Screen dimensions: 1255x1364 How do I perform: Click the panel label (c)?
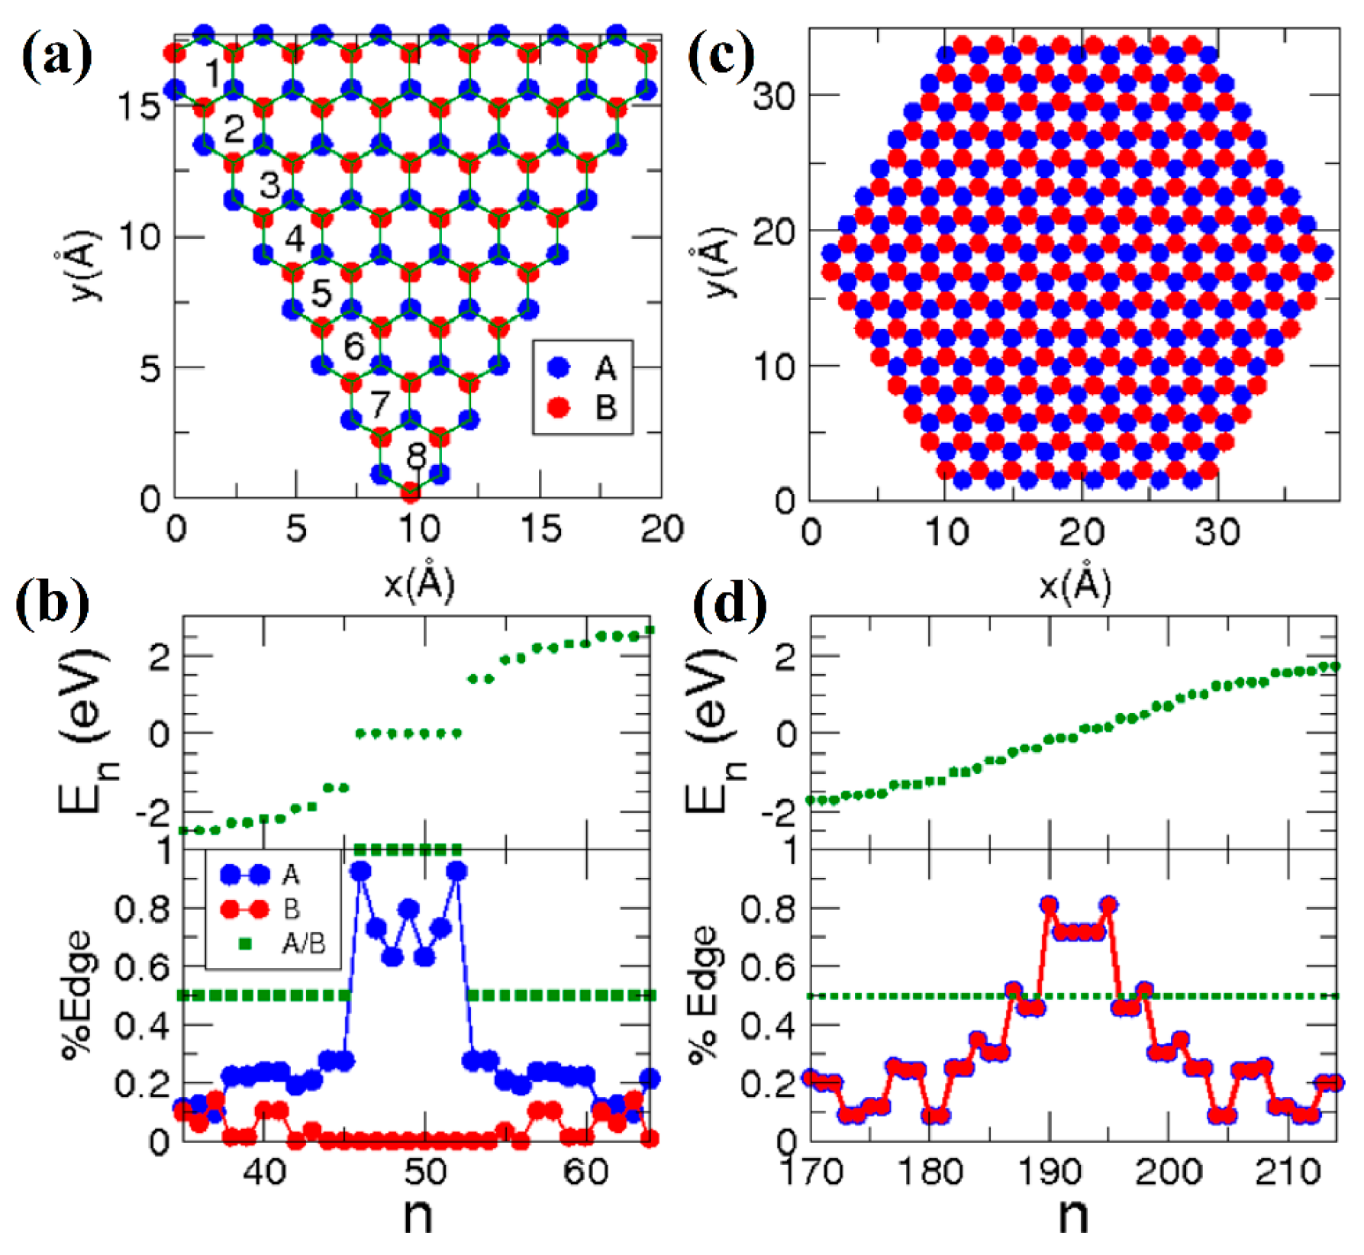pos(721,58)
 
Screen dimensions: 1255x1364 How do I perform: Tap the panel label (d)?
pos(730,606)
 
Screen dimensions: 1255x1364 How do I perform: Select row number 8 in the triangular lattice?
pos(416,456)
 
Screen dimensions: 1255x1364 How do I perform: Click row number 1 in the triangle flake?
pos(213,74)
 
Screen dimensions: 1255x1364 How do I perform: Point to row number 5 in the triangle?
pos(321,293)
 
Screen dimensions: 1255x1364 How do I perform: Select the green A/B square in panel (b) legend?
pos(246,944)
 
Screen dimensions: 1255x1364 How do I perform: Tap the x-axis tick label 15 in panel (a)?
pos(540,529)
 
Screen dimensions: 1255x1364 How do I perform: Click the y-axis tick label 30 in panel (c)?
pos(774,97)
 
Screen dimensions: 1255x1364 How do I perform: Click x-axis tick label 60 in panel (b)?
pos(585,1172)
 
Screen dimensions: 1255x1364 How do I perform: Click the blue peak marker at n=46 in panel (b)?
pos(360,871)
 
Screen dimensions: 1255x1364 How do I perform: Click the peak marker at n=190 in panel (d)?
pos(1049,905)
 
